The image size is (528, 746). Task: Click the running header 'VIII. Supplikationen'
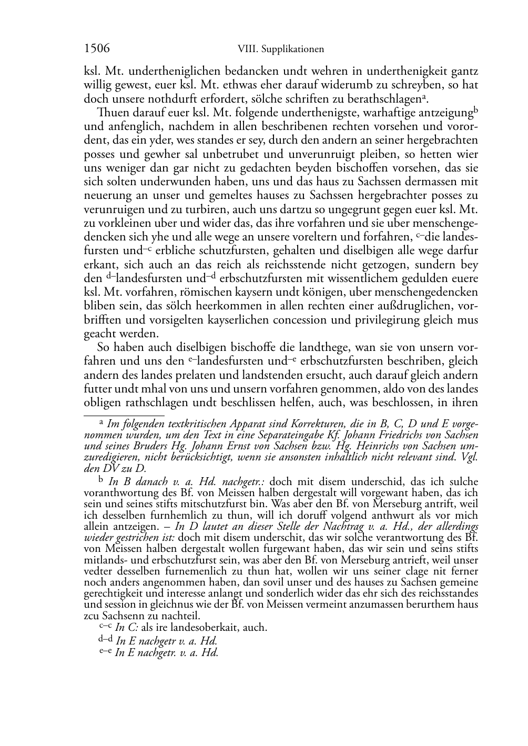(281, 49)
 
